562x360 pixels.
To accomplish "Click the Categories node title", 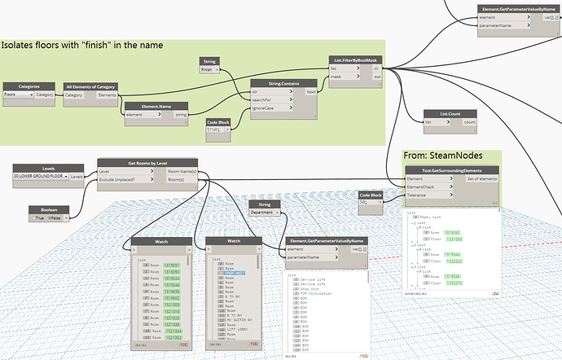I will tap(29, 86).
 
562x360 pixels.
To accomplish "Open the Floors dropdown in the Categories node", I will tap(31, 94).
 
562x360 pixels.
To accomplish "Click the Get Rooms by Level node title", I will tap(147, 162).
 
